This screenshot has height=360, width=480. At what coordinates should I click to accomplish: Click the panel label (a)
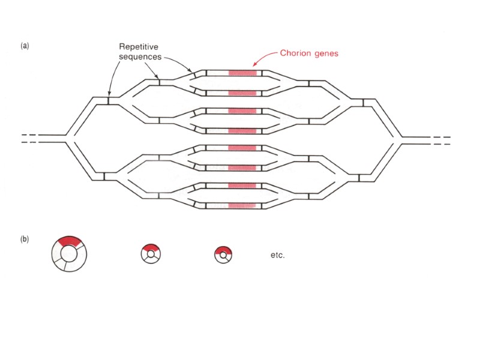click(x=25, y=46)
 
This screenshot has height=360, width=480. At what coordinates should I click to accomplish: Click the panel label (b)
click(x=25, y=239)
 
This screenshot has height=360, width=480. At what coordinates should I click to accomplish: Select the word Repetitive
click(x=139, y=46)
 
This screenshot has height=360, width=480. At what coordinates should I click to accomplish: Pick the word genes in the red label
click(x=327, y=53)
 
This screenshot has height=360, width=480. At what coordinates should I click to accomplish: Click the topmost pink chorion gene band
click(x=242, y=73)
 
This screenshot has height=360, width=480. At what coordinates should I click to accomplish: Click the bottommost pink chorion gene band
click(x=242, y=206)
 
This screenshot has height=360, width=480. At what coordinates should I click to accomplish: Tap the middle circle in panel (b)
click(x=150, y=254)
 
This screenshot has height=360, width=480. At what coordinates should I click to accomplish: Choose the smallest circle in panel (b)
click(x=223, y=255)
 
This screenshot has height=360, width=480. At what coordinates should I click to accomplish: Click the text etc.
click(x=278, y=255)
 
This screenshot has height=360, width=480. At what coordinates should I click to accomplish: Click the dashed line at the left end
click(x=30, y=139)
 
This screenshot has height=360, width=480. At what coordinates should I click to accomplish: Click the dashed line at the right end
click(x=442, y=140)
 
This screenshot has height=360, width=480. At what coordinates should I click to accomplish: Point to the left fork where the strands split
click(x=71, y=139)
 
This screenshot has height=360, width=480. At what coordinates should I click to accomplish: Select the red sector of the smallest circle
click(x=223, y=250)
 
